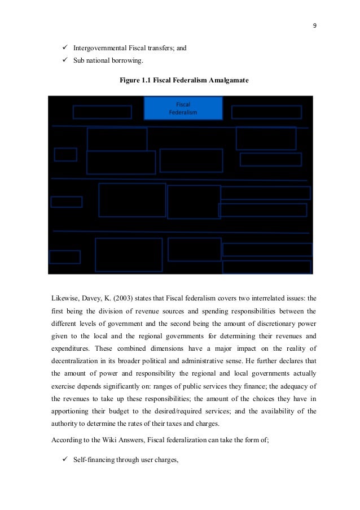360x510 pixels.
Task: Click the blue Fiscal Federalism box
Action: [183, 108]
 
